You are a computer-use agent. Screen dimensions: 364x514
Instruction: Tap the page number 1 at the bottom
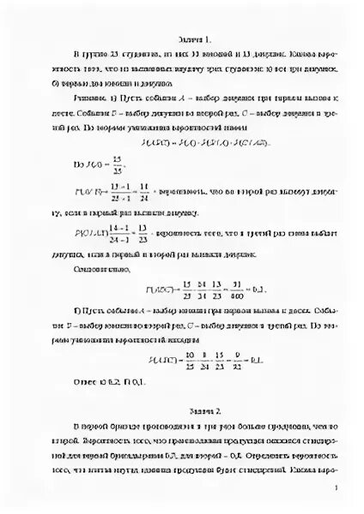339,488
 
